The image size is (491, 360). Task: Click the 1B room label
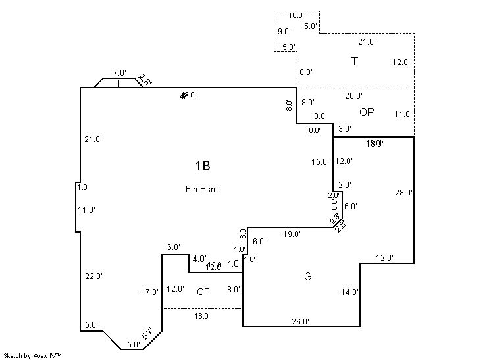click(202, 166)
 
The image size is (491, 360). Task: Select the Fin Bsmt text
click(202, 189)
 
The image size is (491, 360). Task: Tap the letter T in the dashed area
click(355, 62)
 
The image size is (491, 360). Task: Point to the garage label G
click(307, 276)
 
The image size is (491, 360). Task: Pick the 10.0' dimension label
click(296, 15)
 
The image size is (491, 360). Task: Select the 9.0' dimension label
click(284, 32)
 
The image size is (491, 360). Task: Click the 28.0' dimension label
click(404, 193)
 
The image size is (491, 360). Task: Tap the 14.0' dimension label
click(349, 292)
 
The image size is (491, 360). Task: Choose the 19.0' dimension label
click(292, 234)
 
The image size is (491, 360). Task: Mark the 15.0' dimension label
click(320, 162)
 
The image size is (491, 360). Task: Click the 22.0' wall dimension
click(93, 276)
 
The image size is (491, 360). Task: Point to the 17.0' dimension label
click(150, 292)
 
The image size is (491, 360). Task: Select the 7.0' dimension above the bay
click(119, 73)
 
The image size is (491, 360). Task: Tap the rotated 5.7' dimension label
click(151, 334)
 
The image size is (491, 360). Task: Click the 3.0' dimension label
click(345, 129)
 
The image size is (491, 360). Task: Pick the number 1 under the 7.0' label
click(118, 84)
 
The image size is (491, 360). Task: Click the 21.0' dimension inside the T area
click(367, 41)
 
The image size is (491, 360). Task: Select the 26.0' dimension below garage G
click(301, 322)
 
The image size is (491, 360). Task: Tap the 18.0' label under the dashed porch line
click(202, 316)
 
